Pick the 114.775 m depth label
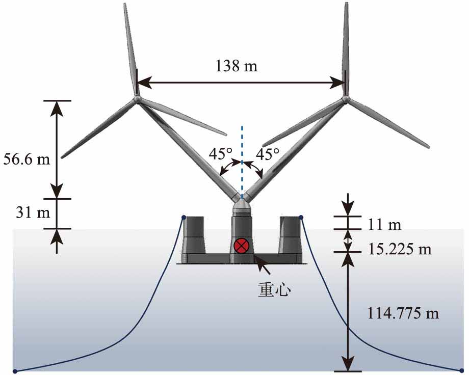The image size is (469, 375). pyautogui.click(x=403, y=313)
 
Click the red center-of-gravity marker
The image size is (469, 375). pyautogui.click(x=241, y=247)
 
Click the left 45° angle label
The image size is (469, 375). pyautogui.click(x=220, y=152)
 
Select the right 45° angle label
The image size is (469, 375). pyautogui.click(x=268, y=152)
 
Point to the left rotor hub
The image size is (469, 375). pyautogui.click(x=137, y=99)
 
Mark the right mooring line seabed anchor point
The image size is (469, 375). pyautogui.click(x=462, y=370)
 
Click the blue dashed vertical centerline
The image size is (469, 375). pyautogui.click(x=242, y=153)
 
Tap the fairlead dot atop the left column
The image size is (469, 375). pyautogui.click(x=184, y=218)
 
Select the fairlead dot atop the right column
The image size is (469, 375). pyautogui.click(x=301, y=218)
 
